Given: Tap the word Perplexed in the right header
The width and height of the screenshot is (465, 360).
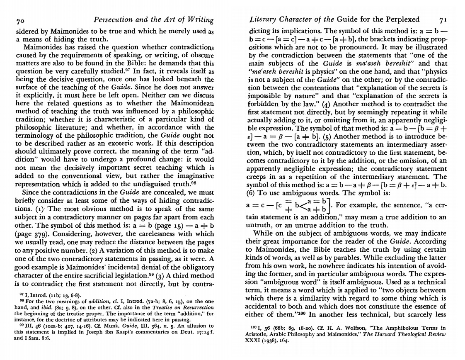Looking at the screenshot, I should tap(399, 19).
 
